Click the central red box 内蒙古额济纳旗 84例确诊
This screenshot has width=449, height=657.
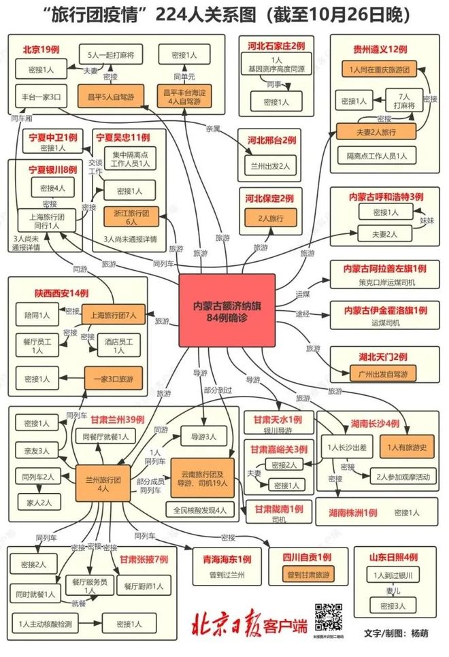point(227,309)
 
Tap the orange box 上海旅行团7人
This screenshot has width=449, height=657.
point(114,315)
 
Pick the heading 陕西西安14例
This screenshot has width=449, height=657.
point(62,292)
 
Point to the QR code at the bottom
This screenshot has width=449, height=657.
point(328,620)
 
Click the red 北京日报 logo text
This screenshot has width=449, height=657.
point(226,622)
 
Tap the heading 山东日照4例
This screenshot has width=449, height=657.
point(393,558)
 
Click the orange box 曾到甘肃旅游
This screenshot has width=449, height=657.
point(307,575)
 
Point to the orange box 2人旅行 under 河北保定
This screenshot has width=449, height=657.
point(267,218)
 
